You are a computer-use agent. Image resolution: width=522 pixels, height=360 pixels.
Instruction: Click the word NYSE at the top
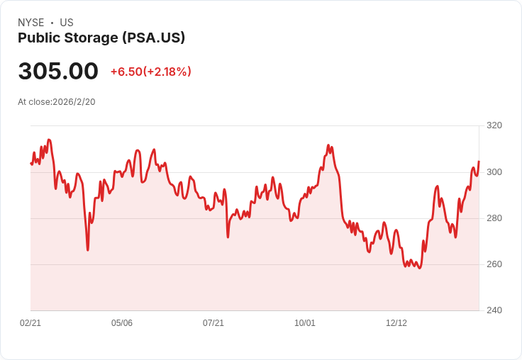pos(30,23)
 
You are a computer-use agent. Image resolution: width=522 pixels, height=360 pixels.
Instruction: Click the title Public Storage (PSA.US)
pos(101,38)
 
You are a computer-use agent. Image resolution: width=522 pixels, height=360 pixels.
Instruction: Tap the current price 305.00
pos(58,72)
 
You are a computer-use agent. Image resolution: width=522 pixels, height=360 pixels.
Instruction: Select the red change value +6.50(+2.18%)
pos(150,72)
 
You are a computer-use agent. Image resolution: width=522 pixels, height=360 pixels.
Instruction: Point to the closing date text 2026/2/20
pos(74,102)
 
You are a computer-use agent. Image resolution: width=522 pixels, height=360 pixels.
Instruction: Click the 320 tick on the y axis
pos(494,125)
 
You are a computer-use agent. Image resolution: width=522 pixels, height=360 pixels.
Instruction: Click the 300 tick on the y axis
pos(494,172)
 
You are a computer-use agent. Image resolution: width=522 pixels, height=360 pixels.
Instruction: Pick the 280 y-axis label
pos(494,218)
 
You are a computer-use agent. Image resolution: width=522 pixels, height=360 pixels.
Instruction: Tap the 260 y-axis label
pos(494,264)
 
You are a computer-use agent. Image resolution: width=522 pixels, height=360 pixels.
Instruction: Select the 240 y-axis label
pos(494,310)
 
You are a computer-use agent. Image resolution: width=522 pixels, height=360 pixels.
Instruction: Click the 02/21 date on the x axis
pos(30,323)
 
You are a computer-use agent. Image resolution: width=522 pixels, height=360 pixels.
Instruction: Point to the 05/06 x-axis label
pos(122,323)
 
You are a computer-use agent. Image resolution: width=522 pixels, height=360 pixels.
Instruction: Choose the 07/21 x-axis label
pos(213,323)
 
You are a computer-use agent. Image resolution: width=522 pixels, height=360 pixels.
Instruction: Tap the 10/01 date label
pos(305,323)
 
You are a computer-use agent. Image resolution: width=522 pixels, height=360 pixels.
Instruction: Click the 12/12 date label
pos(396,323)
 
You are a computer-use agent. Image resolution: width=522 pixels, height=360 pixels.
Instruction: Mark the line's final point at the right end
pos(479,162)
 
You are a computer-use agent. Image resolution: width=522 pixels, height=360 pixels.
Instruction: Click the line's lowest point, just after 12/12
pos(420,268)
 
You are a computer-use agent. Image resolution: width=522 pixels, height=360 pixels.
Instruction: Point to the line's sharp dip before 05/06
pos(88,249)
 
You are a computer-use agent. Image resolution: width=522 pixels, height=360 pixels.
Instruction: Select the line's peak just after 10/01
pos(328,145)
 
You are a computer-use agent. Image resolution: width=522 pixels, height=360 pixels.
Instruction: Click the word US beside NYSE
pos(67,23)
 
